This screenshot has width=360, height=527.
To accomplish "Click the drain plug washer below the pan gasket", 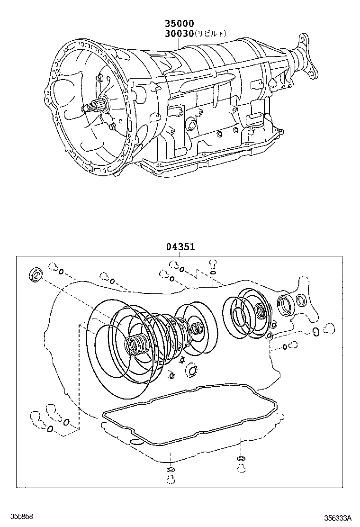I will pyautogui.click(x=170, y=469).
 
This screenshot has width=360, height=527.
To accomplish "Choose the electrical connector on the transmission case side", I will pyautogui.click(x=254, y=118).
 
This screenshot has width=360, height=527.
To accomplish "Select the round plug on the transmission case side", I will pyautogui.click(x=191, y=124).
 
